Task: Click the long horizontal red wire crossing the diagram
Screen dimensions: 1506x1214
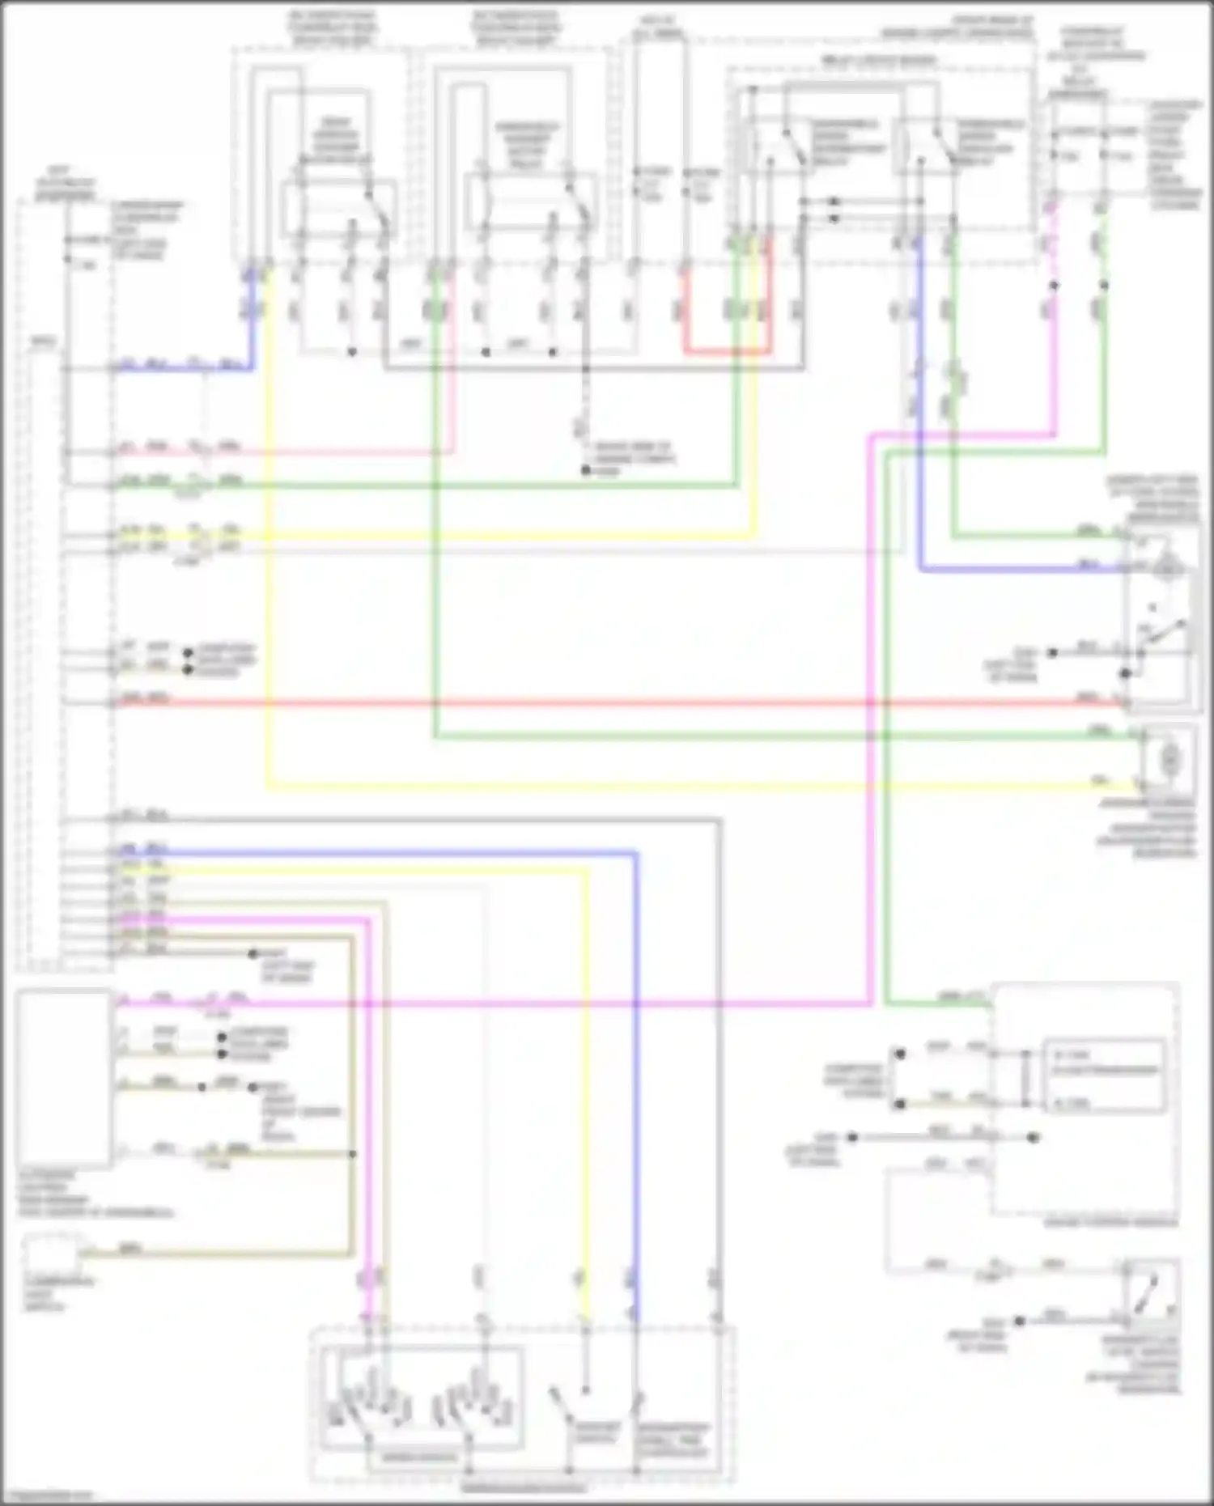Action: [x=615, y=702]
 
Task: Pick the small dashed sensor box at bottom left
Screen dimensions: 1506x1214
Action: [x=53, y=1254]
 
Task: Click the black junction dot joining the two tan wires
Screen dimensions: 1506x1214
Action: [x=352, y=1153]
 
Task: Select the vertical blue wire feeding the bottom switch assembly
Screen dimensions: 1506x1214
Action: [x=636, y=1092]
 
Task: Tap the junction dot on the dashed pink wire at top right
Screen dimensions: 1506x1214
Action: [x=1054, y=286]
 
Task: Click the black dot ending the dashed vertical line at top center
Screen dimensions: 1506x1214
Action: [x=586, y=470]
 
